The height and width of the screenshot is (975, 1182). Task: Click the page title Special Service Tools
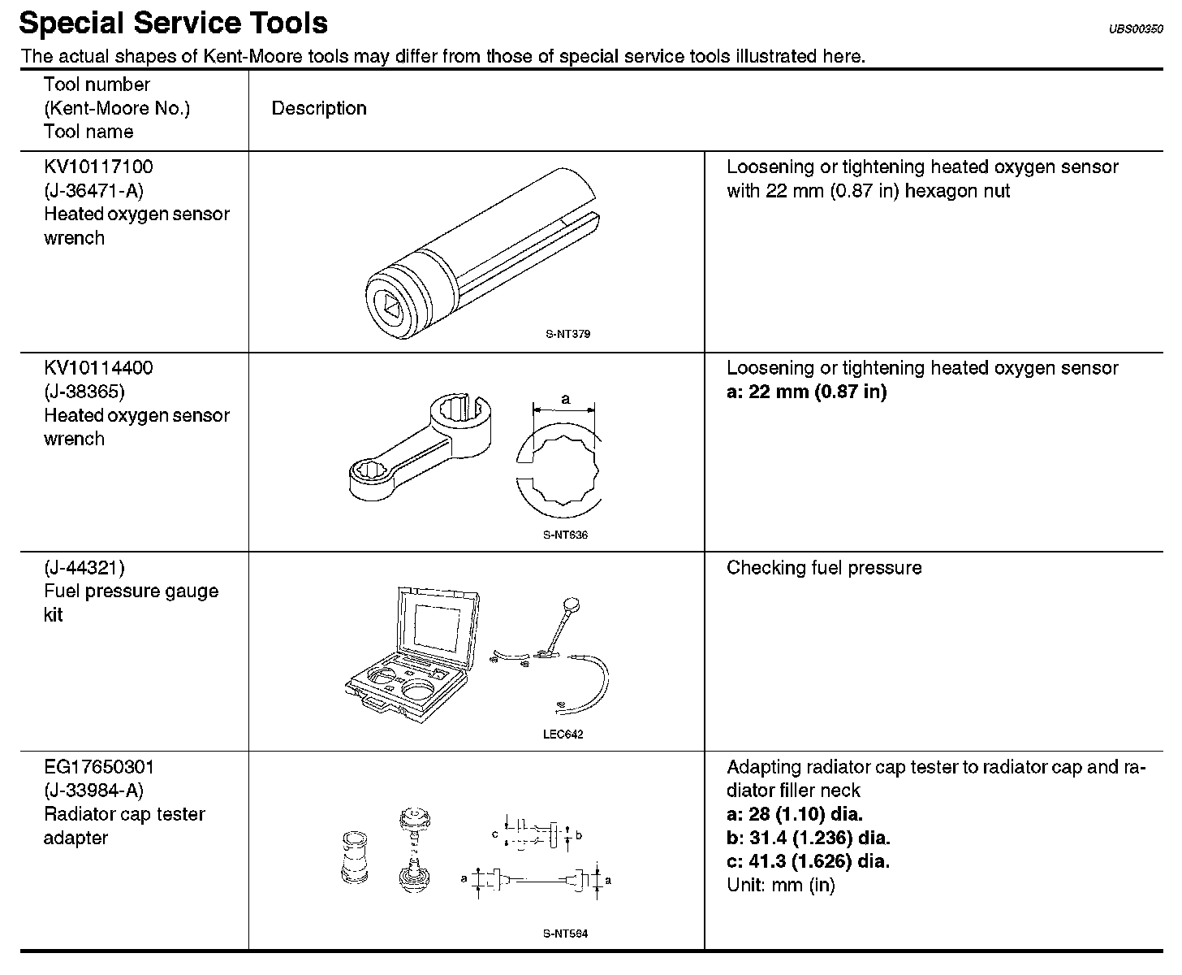pos(173,23)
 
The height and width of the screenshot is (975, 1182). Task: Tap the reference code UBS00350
pos(1136,29)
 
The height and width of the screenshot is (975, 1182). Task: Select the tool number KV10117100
pos(98,167)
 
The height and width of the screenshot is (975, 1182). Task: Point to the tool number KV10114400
pos(98,368)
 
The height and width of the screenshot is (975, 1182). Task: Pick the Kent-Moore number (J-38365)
pos(84,392)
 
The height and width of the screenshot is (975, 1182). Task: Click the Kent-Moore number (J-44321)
pos(84,568)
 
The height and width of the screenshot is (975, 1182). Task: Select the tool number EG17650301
pos(99,767)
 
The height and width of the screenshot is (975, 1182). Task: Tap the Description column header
pos(319,109)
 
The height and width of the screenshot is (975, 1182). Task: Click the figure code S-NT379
pos(567,334)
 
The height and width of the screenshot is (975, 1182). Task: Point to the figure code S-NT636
pos(565,535)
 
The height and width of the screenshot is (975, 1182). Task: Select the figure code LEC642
pos(563,734)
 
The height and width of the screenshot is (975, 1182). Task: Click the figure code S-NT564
pos(565,934)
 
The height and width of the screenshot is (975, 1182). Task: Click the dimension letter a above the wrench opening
pos(566,399)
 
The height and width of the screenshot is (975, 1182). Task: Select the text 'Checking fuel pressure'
pos(824,568)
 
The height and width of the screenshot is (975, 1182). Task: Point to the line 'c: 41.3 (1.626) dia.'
pos(808,861)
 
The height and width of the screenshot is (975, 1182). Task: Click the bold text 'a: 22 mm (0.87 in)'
pos(806,392)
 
